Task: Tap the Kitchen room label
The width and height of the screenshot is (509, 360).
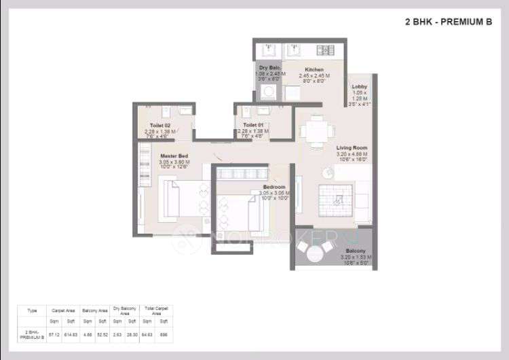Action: (314, 70)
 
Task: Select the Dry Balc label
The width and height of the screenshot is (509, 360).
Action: (268, 68)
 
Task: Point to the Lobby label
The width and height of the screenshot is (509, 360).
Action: (360, 87)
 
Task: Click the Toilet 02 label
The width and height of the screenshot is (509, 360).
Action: (161, 126)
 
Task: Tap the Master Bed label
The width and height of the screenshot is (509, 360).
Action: (165, 156)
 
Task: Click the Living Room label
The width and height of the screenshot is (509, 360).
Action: (352, 147)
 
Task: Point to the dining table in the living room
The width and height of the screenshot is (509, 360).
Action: (314, 129)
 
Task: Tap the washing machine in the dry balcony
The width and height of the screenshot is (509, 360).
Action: (269, 92)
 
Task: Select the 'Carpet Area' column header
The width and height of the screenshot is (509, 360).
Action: (62, 310)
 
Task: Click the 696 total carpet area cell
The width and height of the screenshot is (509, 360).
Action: (164, 334)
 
